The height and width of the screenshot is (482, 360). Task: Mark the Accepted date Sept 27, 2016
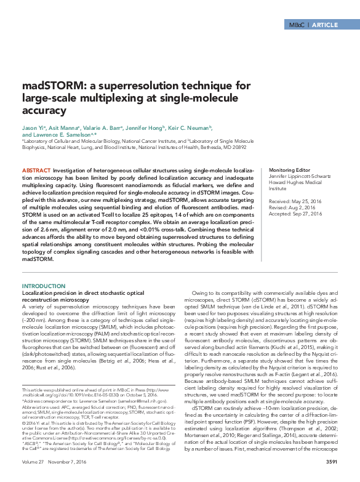(x=305, y=214)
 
